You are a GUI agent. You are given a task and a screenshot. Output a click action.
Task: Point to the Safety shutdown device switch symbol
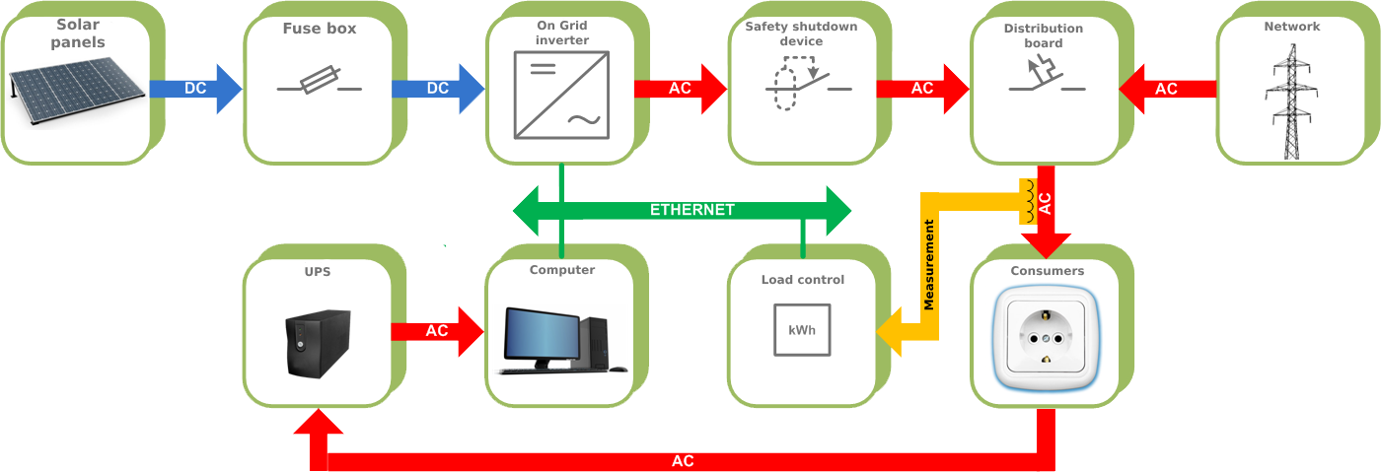(x=805, y=85)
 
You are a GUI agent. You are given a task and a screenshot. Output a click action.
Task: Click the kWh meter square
(x=801, y=328)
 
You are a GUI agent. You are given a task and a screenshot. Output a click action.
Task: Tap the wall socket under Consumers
(x=1045, y=336)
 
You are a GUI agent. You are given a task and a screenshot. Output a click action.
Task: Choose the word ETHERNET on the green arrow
(x=691, y=210)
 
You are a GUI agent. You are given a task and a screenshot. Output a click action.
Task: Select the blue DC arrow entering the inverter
(x=437, y=88)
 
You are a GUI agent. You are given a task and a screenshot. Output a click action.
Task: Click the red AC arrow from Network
(x=1167, y=89)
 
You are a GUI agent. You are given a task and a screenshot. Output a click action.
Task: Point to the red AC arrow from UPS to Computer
(x=436, y=331)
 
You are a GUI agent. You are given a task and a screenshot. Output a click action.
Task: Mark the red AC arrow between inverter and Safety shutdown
(x=680, y=88)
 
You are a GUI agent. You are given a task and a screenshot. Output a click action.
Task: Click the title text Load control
(x=802, y=280)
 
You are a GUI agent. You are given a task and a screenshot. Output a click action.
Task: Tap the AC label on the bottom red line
(x=683, y=461)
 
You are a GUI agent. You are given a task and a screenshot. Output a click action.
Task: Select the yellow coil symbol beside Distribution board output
(x=1028, y=201)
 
